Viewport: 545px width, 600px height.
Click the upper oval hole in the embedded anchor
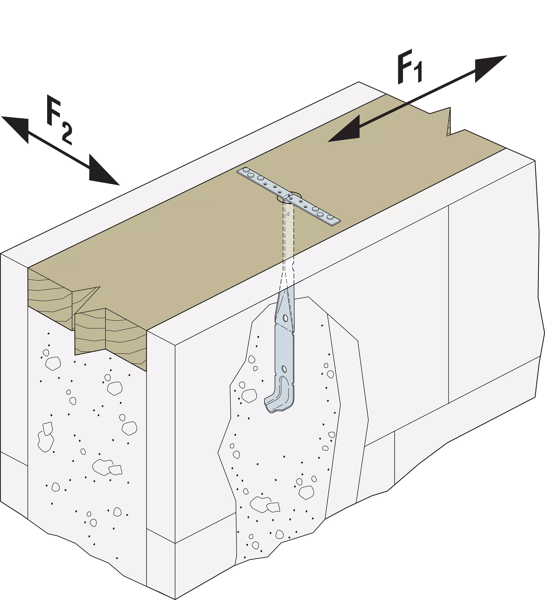click(x=285, y=318)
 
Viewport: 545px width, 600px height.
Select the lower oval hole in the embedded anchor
click(x=284, y=369)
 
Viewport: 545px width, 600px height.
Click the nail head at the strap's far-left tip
click(x=246, y=170)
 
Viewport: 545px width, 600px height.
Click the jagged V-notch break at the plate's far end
click(x=448, y=122)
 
